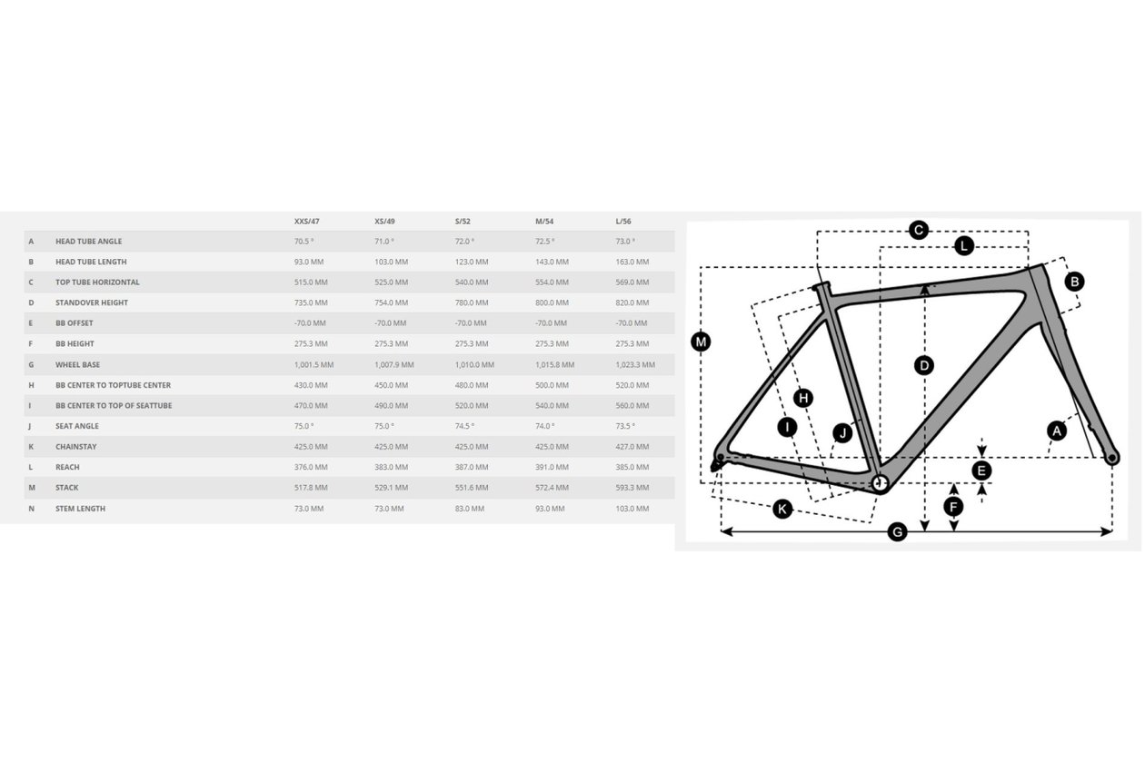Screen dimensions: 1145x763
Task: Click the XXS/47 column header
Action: [x=307, y=222]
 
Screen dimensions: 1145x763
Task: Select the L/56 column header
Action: [x=623, y=222]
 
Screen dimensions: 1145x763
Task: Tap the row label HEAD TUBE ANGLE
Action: [x=88, y=242]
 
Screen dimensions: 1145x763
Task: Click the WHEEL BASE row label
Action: [x=78, y=365]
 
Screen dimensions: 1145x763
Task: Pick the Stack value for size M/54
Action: [x=553, y=488]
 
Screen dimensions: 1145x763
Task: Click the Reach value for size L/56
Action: [x=632, y=467]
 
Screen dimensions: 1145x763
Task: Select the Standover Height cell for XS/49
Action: [x=391, y=302]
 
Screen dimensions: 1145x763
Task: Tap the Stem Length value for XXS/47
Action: [x=309, y=509]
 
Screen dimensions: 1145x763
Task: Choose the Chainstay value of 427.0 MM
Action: [x=632, y=447]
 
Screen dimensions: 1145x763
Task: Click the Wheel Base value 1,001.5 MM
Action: [x=314, y=365]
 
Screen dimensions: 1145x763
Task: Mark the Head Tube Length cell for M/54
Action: [x=553, y=262]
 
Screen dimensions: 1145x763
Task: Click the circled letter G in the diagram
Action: [x=897, y=532]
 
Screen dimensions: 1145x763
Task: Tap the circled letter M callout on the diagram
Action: [x=701, y=342]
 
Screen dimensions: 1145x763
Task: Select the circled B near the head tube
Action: [x=1074, y=282]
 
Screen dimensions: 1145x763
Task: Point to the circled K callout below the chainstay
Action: [x=782, y=509]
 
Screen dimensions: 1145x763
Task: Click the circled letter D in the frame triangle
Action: [x=924, y=365]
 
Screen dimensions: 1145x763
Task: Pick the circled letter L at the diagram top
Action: [x=964, y=246]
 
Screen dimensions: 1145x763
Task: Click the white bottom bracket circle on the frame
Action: [x=880, y=482]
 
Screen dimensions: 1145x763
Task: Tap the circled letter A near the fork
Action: [x=1057, y=431]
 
